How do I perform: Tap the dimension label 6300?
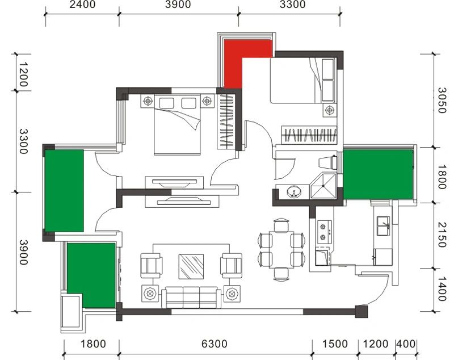pyautogui.click(x=215, y=344)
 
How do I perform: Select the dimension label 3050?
pyautogui.click(x=442, y=100)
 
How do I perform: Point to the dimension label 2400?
pyautogui.click(x=82, y=5)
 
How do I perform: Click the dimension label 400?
pyautogui.click(x=406, y=344)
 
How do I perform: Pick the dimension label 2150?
pyautogui.click(x=442, y=235)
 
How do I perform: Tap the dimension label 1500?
pyautogui.click(x=335, y=344)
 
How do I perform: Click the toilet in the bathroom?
pyautogui.click(x=328, y=162)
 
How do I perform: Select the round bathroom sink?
pyautogui.click(x=294, y=192)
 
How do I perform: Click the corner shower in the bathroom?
pyautogui.click(x=323, y=186)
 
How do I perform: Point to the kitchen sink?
pyautogui.click(x=383, y=226)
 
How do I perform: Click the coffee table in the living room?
pyautogui.click(x=191, y=267)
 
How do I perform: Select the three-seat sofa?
pyautogui.click(x=191, y=298)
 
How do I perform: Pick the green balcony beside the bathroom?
pyautogui.click(x=378, y=174)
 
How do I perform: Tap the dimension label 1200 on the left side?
pyautogui.click(x=23, y=74)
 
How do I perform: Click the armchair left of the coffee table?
pyautogui.click(x=150, y=266)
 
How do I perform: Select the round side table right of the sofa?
pyautogui.click(x=232, y=294)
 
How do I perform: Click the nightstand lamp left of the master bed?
pyautogui.click(x=148, y=101)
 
